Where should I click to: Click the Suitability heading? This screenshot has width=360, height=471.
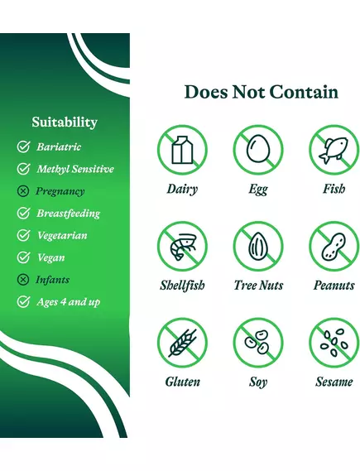click(x=65, y=123)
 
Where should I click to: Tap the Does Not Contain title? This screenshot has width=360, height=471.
click(x=261, y=92)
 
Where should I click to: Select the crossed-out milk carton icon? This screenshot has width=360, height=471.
click(x=182, y=149)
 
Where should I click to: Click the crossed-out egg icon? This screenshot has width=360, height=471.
click(x=258, y=149)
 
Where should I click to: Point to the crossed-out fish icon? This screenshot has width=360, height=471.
click(x=334, y=149)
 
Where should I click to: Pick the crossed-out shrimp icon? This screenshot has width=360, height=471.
click(x=182, y=246)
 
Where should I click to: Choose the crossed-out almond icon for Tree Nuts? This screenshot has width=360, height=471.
click(x=258, y=246)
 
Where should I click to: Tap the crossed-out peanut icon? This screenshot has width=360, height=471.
click(x=334, y=246)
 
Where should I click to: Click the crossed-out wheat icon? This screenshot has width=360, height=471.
click(x=182, y=343)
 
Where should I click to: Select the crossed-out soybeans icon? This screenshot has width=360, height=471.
click(x=258, y=343)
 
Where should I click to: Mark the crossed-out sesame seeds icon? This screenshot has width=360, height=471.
click(x=334, y=343)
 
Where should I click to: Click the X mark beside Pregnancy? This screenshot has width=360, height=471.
click(x=23, y=191)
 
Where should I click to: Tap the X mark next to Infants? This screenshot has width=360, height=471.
click(x=23, y=280)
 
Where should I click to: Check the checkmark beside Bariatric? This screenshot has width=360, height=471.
click(x=23, y=147)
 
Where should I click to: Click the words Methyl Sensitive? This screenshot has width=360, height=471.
click(x=75, y=170)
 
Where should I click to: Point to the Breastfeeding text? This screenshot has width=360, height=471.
click(x=69, y=214)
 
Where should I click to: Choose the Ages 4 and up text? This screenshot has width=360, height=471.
click(x=69, y=302)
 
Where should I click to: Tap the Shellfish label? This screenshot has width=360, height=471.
click(x=182, y=286)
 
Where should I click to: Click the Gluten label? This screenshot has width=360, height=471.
click(x=182, y=382)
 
